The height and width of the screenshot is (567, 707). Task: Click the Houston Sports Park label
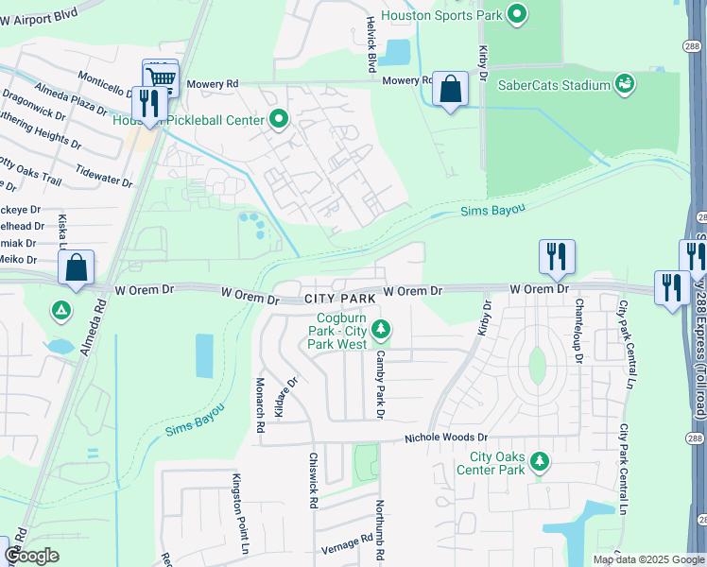coord(440,15)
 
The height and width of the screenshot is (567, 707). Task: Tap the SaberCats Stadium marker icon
coord(625,85)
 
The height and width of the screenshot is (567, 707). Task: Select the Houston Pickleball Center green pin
coord(279,119)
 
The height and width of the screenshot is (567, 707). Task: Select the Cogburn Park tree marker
coord(380,329)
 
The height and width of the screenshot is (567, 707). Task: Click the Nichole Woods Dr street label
coord(445,438)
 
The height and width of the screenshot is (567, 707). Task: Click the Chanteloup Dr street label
coord(578,331)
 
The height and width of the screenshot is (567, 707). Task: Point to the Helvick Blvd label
coord(371,45)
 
